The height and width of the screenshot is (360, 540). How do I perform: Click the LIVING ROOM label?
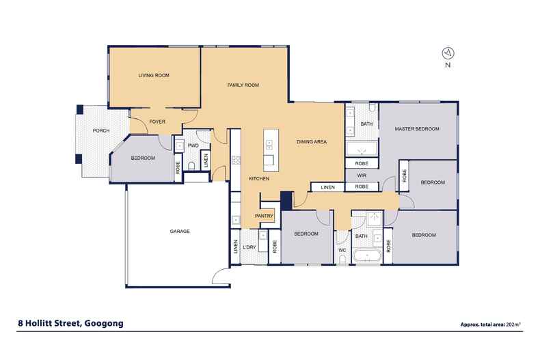coord(153,75)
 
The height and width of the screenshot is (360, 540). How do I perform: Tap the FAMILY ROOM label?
coord(243,85)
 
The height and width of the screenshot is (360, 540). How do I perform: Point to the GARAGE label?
coord(180,231)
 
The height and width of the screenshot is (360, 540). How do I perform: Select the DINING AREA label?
coord(311,142)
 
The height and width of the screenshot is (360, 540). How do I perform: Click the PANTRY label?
coord(265,217)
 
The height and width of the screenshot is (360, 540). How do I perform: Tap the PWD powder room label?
coord(193,146)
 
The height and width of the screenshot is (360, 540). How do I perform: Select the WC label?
coord(343,250)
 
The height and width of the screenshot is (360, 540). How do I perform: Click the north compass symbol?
coord(447,53)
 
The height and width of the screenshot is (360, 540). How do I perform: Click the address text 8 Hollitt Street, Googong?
coord(66,324)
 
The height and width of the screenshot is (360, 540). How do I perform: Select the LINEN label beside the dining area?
coord(327,186)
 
